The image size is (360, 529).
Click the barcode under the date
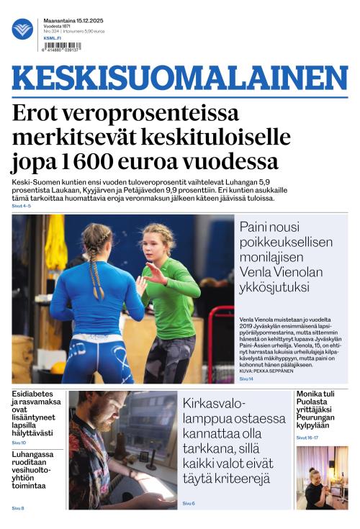pyautogui.click(x=63, y=45)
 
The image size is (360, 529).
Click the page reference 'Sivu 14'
pyautogui.click(x=246, y=379)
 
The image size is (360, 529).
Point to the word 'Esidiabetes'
pyautogui.click(x=33, y=395)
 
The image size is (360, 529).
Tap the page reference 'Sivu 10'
pyautogui.click(x=19, y=443)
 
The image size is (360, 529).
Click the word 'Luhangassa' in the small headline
pyautogui.click(x=32, y=455)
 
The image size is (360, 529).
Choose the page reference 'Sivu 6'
pyautogui.click(x=189, y=503)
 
